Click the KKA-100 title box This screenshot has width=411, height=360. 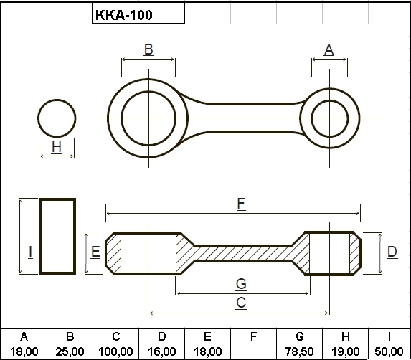pyautogui.click(x=138, y=13)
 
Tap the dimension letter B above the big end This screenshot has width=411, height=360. pyautogui.click(x=148, y=49)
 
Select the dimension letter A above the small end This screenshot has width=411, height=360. pyautogui.click(x=329, y=49)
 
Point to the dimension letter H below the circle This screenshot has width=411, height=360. pyautogui.click(x=57, y=147)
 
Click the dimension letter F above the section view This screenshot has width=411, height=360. pyautogui.click(x=241, y=204)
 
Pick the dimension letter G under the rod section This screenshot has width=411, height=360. pyautogui.click(x=241, y=284)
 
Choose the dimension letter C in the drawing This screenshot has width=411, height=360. pyautogui.click(x=241, y=303)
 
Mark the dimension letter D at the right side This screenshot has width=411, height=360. pyautogui.click(x=392, y=252)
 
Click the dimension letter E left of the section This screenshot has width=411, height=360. pyautogui.click(x=95, y=252)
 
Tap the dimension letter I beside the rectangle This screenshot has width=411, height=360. pyautogui.click(x=31, y=252)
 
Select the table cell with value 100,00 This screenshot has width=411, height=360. pyautogui.click(x=115, y=351)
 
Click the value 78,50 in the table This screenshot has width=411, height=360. pyautogui.click(x=299, y=351)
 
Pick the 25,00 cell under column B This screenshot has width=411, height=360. pyautogui.click(x=70, y=351)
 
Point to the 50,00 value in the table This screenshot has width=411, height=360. pyautogui.click(x=389, y=351)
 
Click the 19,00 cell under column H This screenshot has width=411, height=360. pyautogui.click(x=346, y=351)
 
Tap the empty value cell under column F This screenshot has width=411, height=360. pyautogui.click(x=253, y=351)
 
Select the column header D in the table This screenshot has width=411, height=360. pyautogui.click(x=161, y=336)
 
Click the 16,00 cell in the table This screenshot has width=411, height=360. pyautogui.click(x=161, y=351)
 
